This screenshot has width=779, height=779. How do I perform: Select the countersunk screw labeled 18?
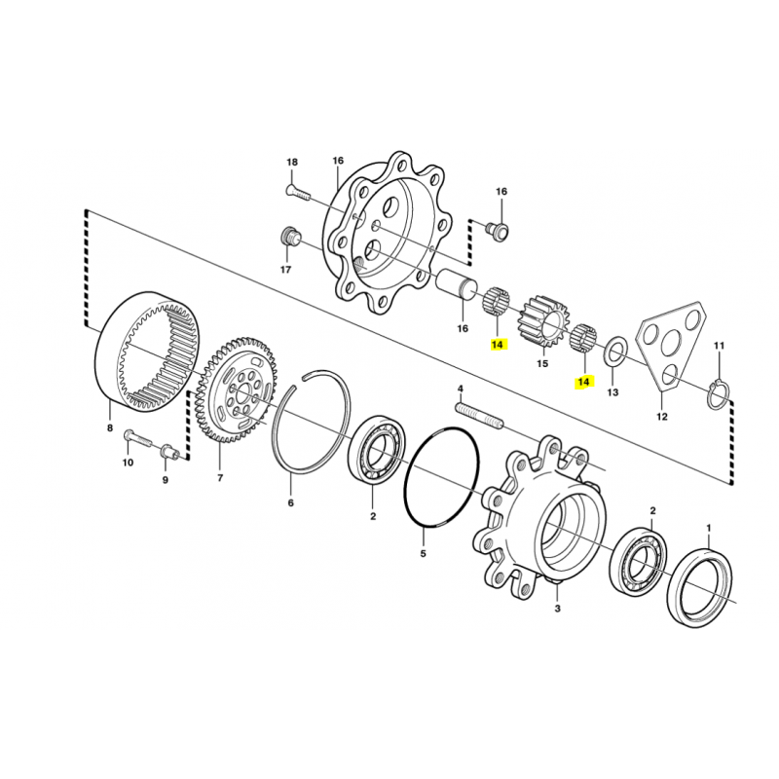(x=298, y=193)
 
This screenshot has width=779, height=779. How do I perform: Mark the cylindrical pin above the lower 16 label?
(x=456, y=284)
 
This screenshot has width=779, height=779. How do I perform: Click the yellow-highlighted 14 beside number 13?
(x=583, y=383)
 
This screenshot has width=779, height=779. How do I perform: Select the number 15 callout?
(x=542, y=363)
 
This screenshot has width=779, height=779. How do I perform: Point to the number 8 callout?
(x=110, y=427)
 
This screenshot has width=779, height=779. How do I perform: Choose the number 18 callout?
(x=292, y=162)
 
